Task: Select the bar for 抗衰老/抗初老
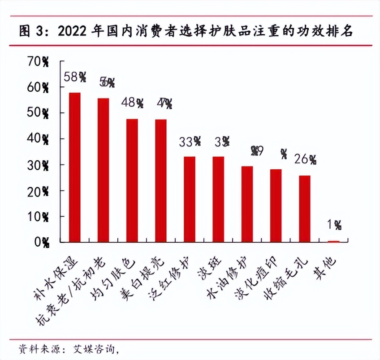click(x=103, y=170)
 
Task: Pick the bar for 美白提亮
click(x=160, y=181)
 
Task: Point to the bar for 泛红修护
click(x=190, y=199)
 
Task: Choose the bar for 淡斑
click(x=218, y=199)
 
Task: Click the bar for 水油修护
click(x=247, y=204)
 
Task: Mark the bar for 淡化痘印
click(x=276, y=206)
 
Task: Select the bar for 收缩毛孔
click(x=305, y=209)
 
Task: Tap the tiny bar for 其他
click(x=333, y=241)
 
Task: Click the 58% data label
click(x=74, y=77)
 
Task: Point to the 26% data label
click(x=305, y=159)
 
